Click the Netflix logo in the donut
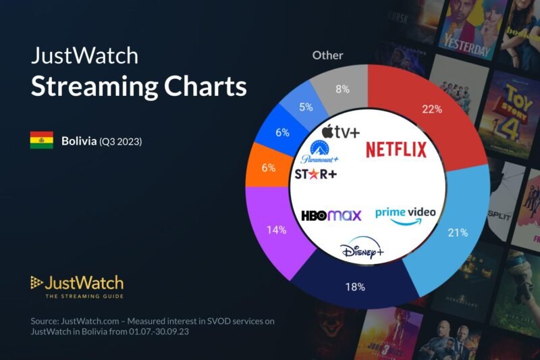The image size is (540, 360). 396,149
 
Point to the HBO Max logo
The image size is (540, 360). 331,215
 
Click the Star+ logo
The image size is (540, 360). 316,174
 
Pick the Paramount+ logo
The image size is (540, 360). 320,151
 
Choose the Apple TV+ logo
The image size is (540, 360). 340,130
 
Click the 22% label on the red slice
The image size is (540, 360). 423,109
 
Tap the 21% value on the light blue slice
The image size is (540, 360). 458,232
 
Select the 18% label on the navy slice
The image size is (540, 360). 356,287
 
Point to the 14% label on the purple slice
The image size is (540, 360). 277,229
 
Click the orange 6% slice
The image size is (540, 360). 269,167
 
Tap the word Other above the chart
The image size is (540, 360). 327,55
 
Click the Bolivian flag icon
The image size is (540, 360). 41,141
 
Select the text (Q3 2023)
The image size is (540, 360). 121,142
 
